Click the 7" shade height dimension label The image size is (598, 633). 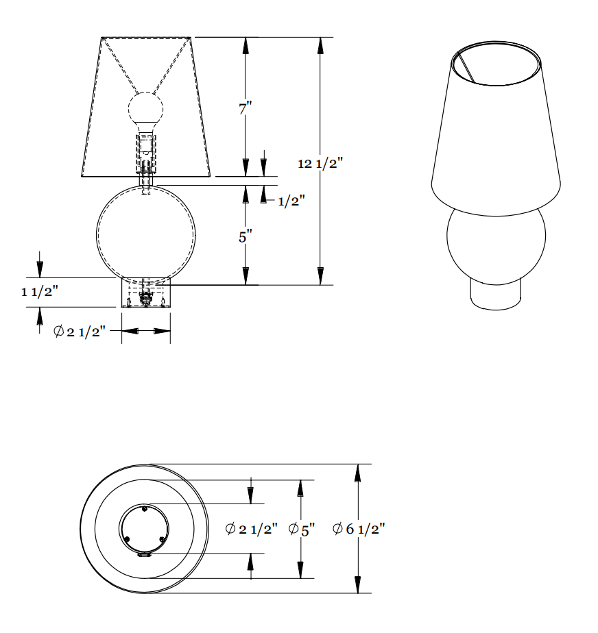(x=246, y=108)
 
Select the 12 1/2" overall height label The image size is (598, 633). (x=320, y=164)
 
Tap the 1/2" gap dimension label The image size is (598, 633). (x=291, y=201)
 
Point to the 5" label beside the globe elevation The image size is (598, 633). (x=246, y=236)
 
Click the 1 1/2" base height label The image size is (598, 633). (x=40, y=291)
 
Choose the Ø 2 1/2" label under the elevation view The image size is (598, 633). (x=79, y=332)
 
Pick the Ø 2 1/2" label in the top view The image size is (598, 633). (x=251, y=529)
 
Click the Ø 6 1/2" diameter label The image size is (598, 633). (x=359, y=529)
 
